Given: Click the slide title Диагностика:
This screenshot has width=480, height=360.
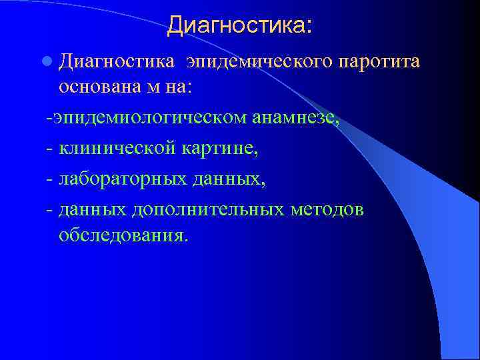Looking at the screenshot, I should coord(239,25).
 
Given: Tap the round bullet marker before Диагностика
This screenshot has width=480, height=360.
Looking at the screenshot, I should coord(46,62).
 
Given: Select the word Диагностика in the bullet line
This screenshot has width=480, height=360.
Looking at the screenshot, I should coord(117,62).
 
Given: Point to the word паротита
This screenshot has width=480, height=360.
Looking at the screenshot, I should coord(379,62).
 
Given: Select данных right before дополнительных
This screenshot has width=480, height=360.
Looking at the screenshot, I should coord(93,210).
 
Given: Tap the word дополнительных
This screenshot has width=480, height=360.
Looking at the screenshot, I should coord(209,210).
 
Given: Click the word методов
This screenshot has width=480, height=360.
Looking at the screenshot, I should coord(328,210).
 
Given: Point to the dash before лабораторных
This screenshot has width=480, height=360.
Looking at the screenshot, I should coord(50,180).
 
